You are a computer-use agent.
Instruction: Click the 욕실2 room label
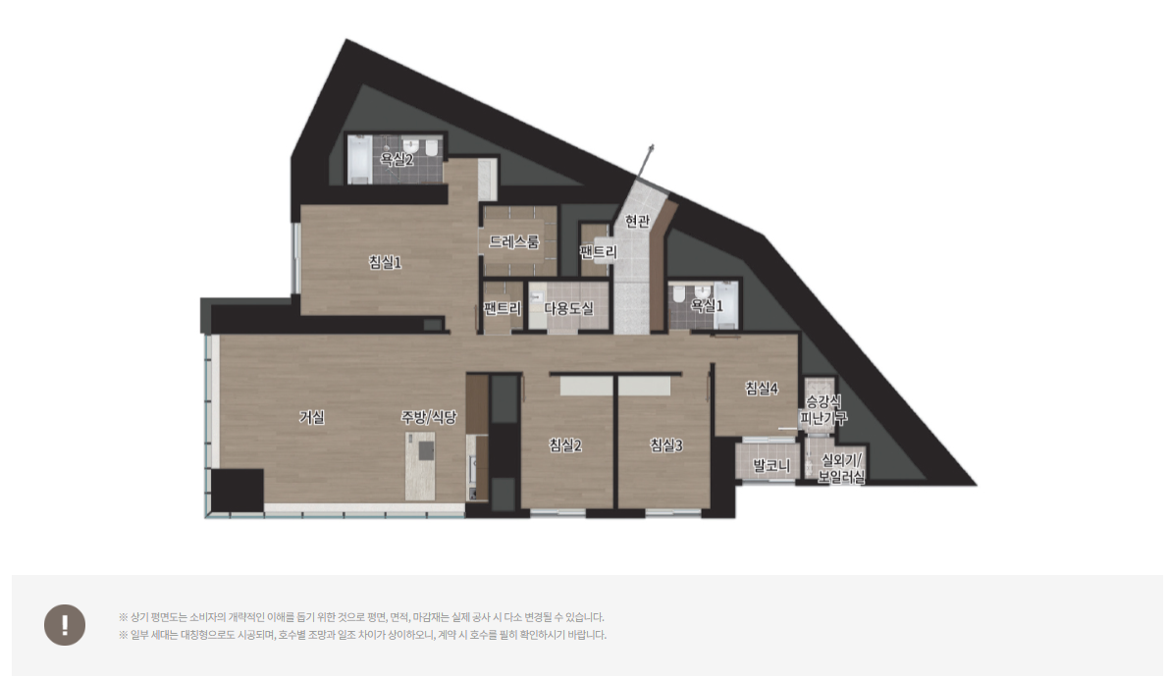coord(397,159)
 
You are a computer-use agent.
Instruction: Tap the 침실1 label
coord(385,261)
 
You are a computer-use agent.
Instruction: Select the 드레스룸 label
coord(514,241)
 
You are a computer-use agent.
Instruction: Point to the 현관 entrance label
coord(637,221)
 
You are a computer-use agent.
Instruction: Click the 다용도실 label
coord(568,307)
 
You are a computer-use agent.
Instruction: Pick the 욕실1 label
coord(707,305)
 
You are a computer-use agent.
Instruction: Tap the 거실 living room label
coord(312,417)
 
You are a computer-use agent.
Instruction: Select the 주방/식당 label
coord(429,417)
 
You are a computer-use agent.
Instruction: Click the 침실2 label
coord(565,445)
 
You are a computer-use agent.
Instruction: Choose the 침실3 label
coord(665,445)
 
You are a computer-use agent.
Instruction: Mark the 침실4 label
coord(762,388)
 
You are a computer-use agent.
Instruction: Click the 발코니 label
coord(770,465)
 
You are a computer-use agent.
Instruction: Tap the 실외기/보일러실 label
coord(842,468)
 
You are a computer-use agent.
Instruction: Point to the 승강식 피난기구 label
coord(823,409)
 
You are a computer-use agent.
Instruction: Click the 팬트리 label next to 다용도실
coord(503,307)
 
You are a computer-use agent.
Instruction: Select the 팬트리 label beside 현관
coord(598,252)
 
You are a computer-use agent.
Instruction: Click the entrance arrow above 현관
coord(645,162)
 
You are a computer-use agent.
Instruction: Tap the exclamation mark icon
coord(65,625)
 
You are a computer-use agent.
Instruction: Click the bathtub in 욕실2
coord(360,159)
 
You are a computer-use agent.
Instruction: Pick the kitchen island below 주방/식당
coord(420,466)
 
